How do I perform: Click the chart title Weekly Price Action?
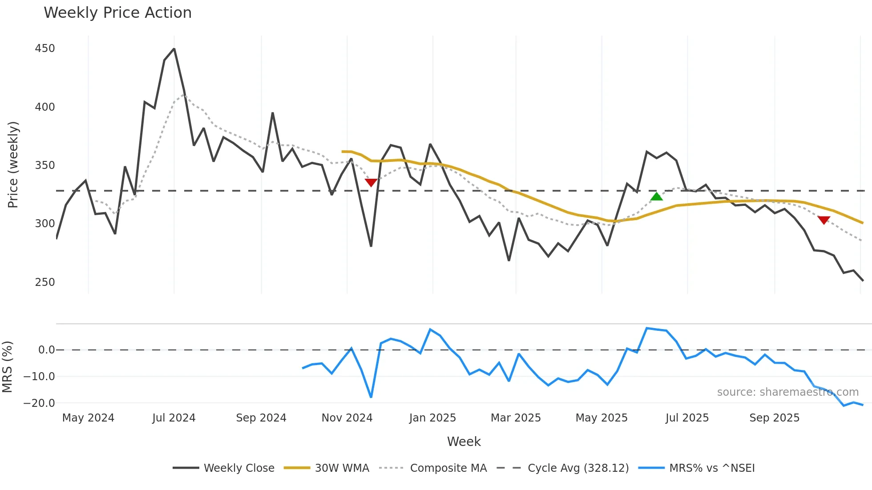[x=117, y=13]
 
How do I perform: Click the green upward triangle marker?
[x=656, y=197]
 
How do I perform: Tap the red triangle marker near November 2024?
[x=371, y=182]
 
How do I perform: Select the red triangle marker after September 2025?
[x=824, y=220]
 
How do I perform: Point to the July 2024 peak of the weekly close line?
[x=174, y=49]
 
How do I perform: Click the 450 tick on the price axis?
[x=44, y=48]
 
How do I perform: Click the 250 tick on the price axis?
[x=44, y=282]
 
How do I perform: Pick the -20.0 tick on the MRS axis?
[x=39, y=403]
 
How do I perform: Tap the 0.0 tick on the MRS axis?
[x=46, y=350]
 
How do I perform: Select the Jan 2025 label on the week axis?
[x=432, y=418]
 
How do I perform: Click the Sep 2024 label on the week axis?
[x=261, y=418]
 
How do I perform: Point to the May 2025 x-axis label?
[x=602, y=418]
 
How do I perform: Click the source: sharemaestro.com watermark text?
[x=787, y=392]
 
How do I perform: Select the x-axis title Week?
[x=464, y=442]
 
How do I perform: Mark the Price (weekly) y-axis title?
[x=13, y=165]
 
